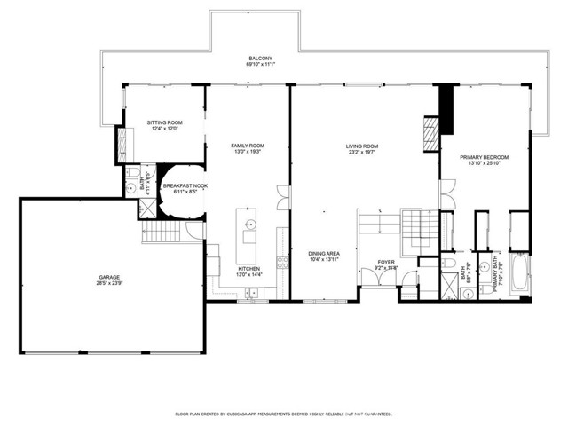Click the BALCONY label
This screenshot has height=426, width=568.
pos(259,59)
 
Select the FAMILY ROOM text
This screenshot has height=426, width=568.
pos(248,146)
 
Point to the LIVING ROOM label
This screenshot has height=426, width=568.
pos(362,146)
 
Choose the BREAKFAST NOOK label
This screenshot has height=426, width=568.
pos(185,185)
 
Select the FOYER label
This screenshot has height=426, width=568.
pos(386,262)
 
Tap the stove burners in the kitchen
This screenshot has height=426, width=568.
pos(283,262)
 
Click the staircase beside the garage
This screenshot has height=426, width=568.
pos(161,233)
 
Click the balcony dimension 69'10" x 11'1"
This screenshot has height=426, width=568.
pos(259,66)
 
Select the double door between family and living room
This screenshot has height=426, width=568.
pos(282,196)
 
